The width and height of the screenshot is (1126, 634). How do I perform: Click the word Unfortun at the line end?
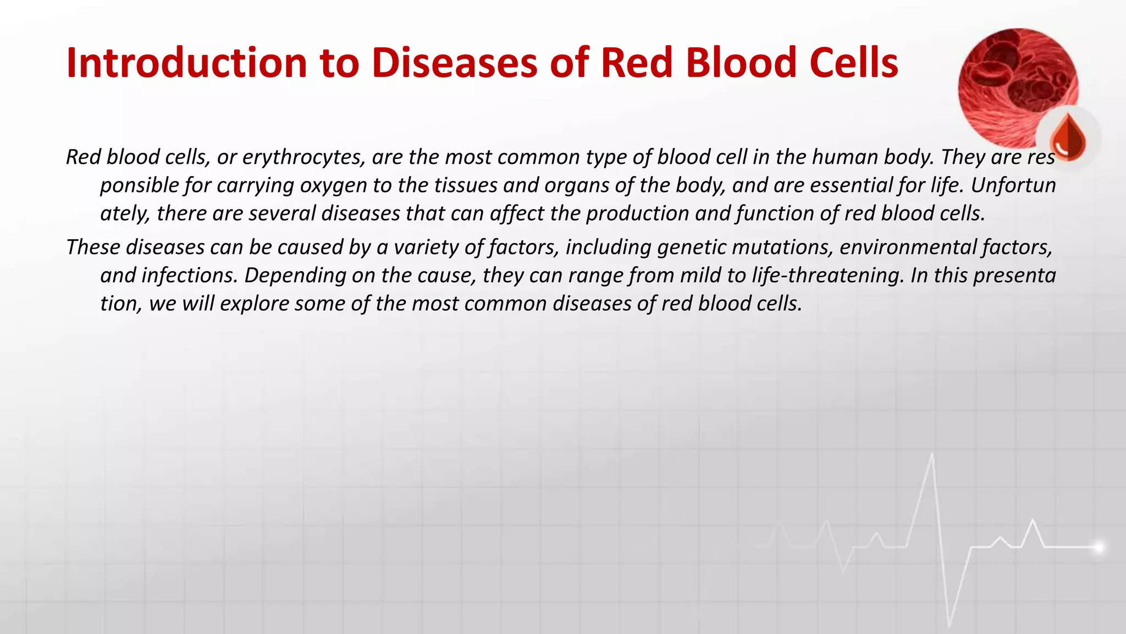tap(1013, 185)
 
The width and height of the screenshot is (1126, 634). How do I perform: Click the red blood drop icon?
tap(1068, 137)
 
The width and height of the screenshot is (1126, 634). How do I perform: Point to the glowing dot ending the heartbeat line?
tap(1098, 547)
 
